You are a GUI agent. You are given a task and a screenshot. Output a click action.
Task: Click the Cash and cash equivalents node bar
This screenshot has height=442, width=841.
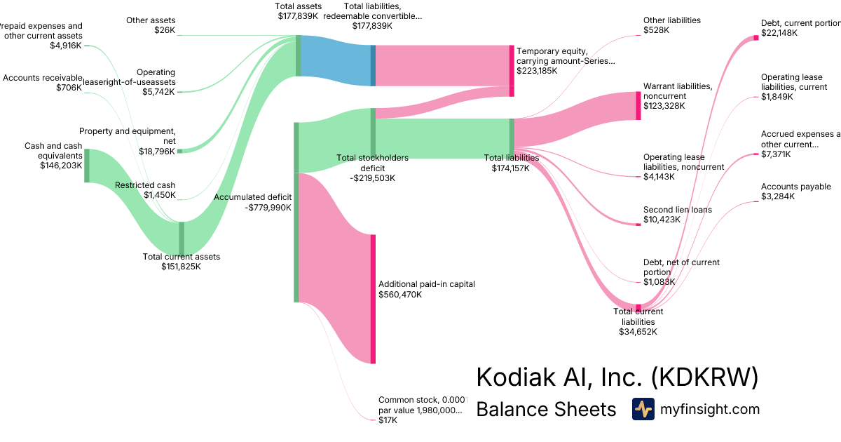(x=87, y=166)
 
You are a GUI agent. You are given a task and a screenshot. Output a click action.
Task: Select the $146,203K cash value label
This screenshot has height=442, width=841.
(x=61, y=166)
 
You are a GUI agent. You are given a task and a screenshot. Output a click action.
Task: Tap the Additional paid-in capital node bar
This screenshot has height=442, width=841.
(x=373, y=299)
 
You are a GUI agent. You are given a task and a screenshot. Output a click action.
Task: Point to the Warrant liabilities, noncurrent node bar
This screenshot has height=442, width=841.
(x=638, y=106)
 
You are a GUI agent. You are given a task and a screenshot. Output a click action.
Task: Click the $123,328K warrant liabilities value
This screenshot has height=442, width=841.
(x=664, y=106)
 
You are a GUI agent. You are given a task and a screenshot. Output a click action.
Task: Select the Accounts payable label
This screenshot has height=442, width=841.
(x=795, y=187)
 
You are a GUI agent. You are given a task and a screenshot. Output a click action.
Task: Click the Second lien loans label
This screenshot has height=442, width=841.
(x=677, y=210)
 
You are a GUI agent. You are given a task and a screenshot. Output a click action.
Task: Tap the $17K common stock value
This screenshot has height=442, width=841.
(x=388, y=420)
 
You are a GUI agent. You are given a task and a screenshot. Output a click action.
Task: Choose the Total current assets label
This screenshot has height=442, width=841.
(x=181, y=257)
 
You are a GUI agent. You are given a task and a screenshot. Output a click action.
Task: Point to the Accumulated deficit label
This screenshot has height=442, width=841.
(x=252, y=197)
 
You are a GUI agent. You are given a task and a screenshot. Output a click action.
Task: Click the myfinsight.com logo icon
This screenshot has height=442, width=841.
(x=643, y=409)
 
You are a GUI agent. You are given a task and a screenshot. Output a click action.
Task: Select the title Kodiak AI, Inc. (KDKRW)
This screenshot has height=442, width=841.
(x=617, y=377)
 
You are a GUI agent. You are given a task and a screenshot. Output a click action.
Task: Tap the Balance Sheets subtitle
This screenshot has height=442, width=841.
(x=546, y=410)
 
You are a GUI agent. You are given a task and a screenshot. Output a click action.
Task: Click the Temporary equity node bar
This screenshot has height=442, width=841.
(x=512, y=71)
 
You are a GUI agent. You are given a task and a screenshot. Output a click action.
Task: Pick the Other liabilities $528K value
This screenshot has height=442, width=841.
(x=657, y=31)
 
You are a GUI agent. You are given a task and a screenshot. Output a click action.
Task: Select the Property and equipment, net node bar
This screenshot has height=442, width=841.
(x=179, y=151)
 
